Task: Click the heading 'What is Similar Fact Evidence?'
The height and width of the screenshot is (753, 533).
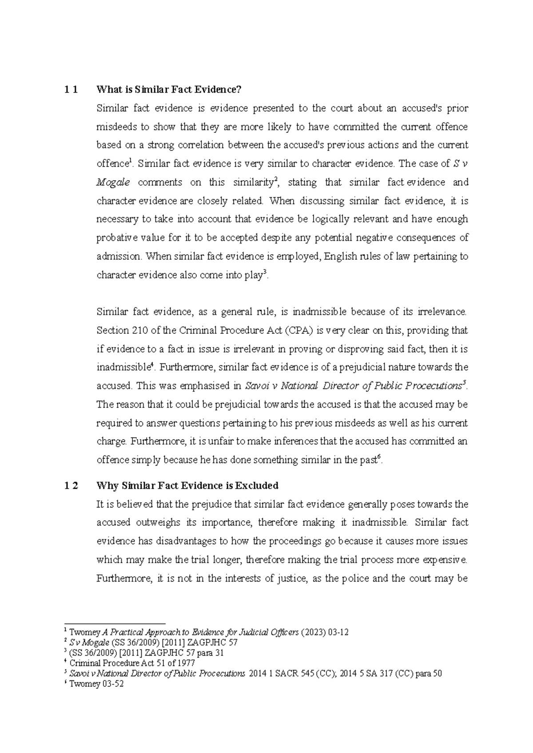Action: tap(168, 90)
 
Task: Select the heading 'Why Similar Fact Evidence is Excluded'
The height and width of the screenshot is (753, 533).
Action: tap(187, 486)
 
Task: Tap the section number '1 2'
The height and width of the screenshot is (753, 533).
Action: tap(71, 486)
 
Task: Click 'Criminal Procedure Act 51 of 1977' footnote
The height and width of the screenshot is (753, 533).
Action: tap(132, 663)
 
